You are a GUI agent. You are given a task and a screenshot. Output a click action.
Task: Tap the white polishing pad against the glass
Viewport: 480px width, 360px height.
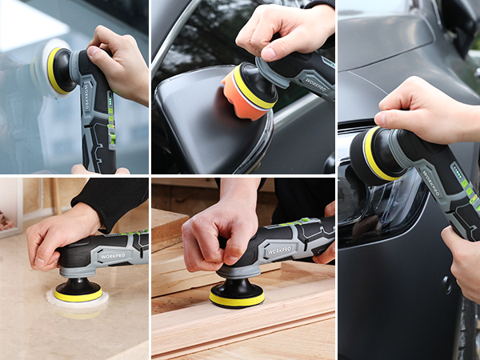tap(44, 70)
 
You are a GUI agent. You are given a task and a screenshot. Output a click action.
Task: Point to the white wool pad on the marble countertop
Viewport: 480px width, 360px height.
tap(77, 301)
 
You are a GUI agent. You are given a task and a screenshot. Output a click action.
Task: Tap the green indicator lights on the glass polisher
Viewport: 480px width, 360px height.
tap(111, 128)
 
